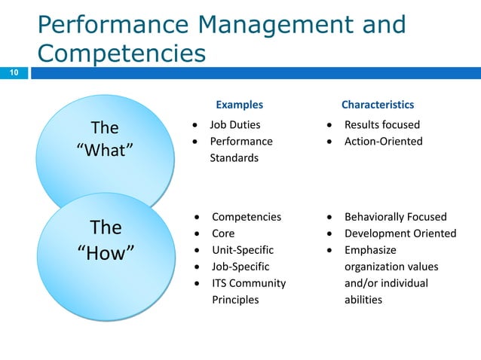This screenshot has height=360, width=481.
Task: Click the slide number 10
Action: pos(14,73)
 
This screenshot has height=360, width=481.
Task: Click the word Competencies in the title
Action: pos(121,53)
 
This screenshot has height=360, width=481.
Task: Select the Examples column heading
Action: pos(239,105)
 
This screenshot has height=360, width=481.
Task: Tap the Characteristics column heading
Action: pos(377,105)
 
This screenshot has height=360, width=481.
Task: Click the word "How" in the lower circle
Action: pos(106,252)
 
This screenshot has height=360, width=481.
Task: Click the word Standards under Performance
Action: pos(234,157)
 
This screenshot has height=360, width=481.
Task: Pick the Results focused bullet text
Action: pos(381,124)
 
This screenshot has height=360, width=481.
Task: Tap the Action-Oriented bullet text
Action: pos(383,141)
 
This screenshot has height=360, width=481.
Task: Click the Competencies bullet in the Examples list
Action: pos(246,217)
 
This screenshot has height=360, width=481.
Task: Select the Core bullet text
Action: pos(222,233)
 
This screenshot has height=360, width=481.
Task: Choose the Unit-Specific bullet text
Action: pos(242,250)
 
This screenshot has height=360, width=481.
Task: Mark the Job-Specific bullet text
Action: pos(240,267)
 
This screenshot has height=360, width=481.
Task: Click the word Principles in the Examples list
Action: pos(234,300)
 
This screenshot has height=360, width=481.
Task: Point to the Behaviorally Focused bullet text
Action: pos(395,217)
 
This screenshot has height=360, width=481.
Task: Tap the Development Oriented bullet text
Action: pos(400,233)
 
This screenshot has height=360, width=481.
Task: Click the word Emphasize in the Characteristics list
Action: pos(369,250)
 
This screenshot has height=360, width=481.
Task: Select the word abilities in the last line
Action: pos(363,300)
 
